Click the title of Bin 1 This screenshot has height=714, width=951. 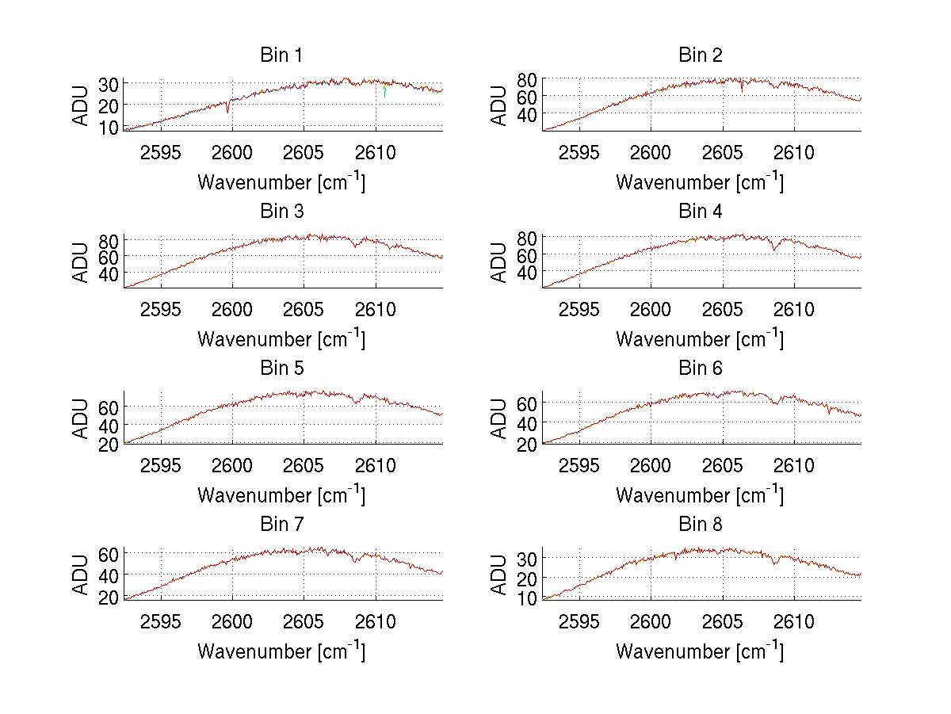(281, 55)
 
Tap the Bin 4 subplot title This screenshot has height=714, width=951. (700, 212)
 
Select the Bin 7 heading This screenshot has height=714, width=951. (281, 525)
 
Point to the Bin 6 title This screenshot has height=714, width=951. (700, 368)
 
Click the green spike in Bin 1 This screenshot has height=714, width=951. (384, 92)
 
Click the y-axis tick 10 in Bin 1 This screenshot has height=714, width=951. (109, 127)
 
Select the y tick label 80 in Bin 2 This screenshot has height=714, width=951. (526, 79)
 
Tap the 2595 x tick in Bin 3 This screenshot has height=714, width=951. (162, 308)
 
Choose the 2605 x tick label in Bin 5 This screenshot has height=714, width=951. (304, 464)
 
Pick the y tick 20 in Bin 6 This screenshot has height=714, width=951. (526, 445)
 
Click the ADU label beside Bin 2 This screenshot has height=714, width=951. (499, 105)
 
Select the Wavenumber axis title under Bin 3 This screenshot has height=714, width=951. (281, 338)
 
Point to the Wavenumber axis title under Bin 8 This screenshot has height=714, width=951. (700, 651)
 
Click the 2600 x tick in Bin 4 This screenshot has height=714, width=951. (650, 308)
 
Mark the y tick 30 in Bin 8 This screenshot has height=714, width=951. (526, 559)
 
